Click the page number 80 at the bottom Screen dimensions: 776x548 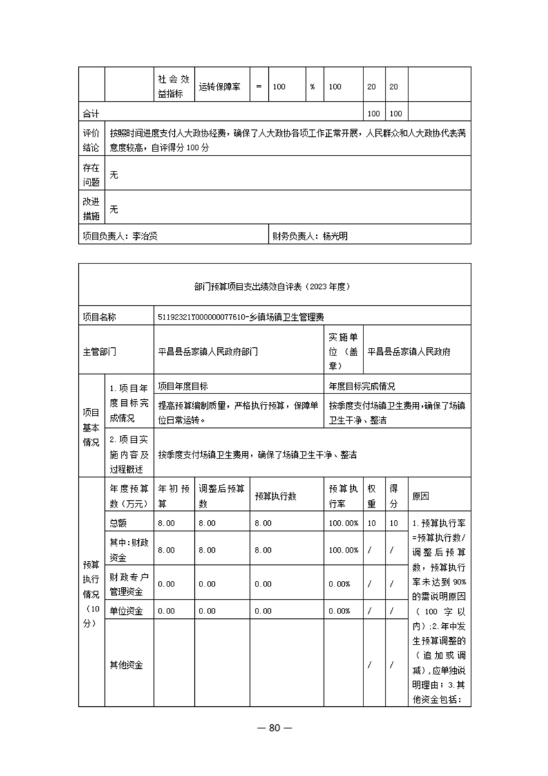coord(274,728)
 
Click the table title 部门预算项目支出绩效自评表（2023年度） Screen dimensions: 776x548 coord(274,285)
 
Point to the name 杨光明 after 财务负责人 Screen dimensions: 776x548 coord(335,236)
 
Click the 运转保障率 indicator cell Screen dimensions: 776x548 coord(220,87)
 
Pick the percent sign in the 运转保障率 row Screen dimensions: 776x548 coord(312,87)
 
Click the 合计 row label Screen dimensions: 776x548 coord(91,113)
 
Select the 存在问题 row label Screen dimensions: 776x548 coord(91,175)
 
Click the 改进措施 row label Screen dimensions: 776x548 coord(91,209)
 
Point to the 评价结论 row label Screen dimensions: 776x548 coord(91,140)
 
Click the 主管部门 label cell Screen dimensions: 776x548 coord(100,351)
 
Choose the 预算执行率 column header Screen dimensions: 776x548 coord(343,495)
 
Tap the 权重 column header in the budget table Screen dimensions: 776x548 coord(372,495)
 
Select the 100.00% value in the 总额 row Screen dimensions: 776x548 coord(343,523)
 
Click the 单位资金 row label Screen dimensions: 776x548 coord(126,611)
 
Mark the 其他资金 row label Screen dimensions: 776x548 coord(126,665)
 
